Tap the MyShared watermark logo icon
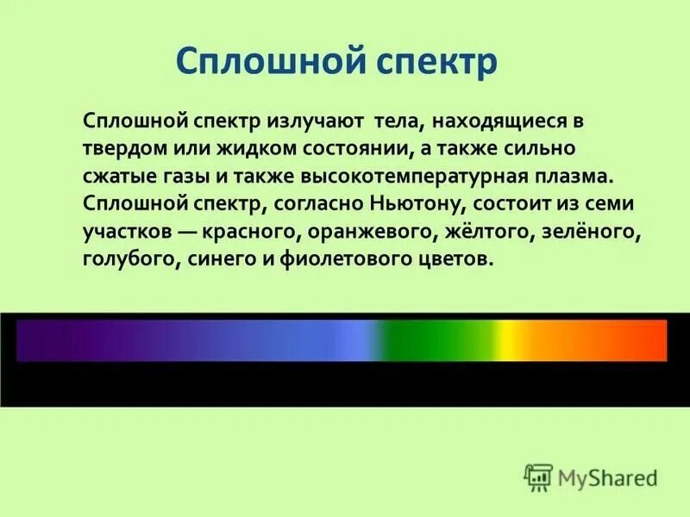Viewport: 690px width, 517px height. coord(538,476)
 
